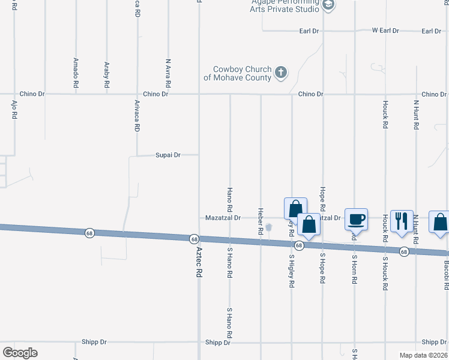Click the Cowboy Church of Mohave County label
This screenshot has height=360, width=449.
pyautogui.click(x=238, y=74)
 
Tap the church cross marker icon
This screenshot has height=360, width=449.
pyautogui.click(x=280, y=74)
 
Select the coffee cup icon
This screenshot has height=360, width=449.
pyautogui.click(x=357, y=220)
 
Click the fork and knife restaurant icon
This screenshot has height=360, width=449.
pyautogui.click(x=402, y=221)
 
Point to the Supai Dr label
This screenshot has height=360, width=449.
pyautogui.click(x=168, y=155)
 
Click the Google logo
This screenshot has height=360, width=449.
pyautogui.click(x=20, y=353)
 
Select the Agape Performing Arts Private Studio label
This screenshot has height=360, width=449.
pyautogui.click(x=285, y=5)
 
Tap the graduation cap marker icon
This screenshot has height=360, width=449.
pyautogui.click(x=328, y=5)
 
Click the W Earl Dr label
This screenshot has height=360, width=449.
pyautogui.click(x=385, y=31)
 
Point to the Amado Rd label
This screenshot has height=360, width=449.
pyautogui.click(x=76, y=73)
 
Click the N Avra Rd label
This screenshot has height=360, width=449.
pyautogui.click(x=169, y=73)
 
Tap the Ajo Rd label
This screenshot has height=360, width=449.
pyautogui.click(x=14, y=110)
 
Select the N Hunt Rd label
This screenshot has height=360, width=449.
pyautogui.click(x=415, y=114)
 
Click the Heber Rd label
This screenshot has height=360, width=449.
pyautogui.click(x=261, y=221)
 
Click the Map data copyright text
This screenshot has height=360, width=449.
pyautogui.click(x=423, y=355)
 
